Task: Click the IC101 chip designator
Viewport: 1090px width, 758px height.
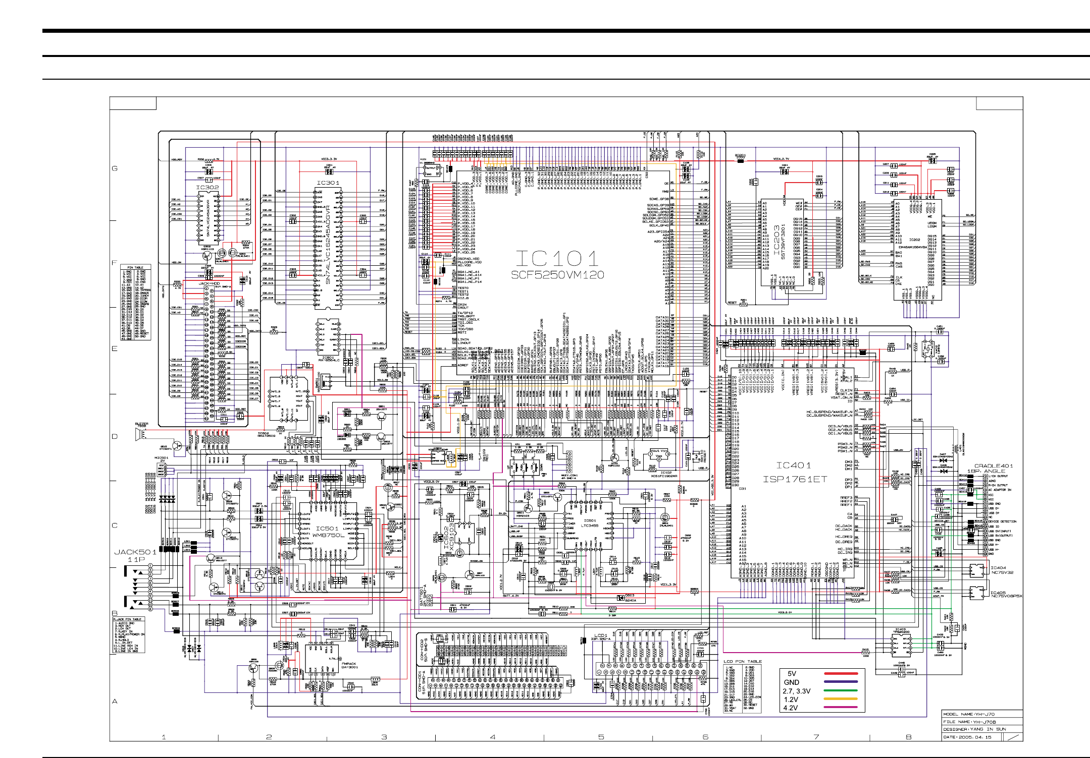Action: coord(557,259)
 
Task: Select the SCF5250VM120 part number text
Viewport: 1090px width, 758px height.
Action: coord(557,275)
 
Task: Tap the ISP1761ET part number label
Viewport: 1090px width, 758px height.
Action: coord(795,479)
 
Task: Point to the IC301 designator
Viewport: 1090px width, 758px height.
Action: coord(328,183)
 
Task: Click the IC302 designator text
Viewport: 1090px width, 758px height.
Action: coord(207,188)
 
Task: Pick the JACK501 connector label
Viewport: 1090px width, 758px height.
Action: coord(135,552)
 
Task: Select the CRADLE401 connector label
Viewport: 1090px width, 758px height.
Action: coord(993,466)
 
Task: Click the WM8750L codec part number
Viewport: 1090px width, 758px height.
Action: coord(328,535)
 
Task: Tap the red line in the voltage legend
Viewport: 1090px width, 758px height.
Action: coord(840,674)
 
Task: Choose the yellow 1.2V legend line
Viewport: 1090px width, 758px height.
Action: coord(840,699)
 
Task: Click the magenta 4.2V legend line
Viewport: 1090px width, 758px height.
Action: coord(840,707)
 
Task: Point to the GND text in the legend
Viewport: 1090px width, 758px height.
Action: coord(791,682)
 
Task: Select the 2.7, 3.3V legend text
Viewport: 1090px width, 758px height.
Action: coord(796,691)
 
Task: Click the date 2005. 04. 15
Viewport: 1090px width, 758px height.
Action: coord(974,737)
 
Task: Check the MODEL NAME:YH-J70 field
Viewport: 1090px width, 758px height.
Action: coord(968,714)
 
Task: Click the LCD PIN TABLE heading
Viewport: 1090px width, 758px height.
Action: coord(742,661)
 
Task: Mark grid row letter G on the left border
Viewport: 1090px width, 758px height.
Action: coord(115,168)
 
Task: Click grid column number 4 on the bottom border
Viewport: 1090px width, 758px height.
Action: coord(493,737)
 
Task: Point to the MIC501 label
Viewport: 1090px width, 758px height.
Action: coord(161,458)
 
